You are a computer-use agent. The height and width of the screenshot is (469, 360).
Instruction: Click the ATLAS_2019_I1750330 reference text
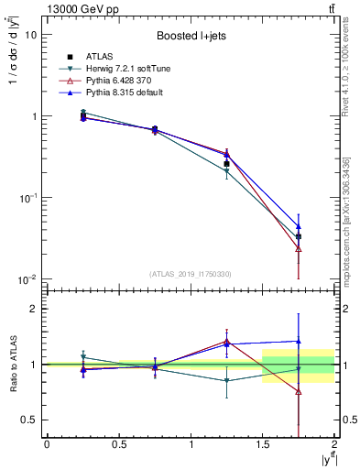(191, 273)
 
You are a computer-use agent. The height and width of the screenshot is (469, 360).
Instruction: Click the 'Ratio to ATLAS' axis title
(13, 365)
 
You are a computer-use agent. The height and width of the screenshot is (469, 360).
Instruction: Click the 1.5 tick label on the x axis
(263, 444)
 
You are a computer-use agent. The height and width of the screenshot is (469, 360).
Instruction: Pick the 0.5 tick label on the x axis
(118, 444)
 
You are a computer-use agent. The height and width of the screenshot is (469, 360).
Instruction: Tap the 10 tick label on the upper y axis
(31, 34)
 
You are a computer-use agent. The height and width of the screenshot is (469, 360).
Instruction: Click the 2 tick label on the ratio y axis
(35, 310)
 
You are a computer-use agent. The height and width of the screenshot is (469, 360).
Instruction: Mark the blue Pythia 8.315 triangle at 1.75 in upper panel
(299, 225)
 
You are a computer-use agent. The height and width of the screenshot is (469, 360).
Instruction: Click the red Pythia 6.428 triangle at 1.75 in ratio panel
(299, 391)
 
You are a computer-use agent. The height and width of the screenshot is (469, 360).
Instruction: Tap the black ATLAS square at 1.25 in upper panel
(226, 164)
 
